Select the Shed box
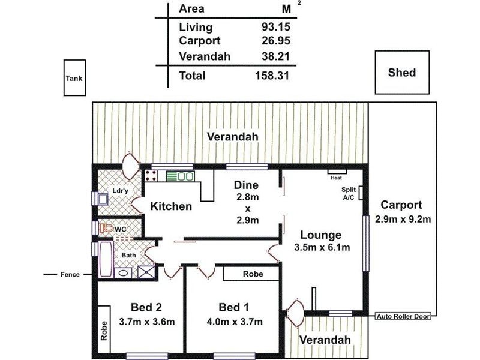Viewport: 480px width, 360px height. tap(402, 73)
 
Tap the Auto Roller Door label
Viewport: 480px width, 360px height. tap(403, 316)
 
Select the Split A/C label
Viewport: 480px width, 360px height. tap(349, 193)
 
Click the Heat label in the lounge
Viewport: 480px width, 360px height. tap(335, 178)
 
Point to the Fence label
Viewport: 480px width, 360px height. tap(70, 275)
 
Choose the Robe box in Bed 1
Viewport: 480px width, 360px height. tap(251, 273)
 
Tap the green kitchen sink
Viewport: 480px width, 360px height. tap(179, 176)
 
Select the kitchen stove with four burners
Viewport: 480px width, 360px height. tap(151, 176)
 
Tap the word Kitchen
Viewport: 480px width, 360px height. tap(171, 206)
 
